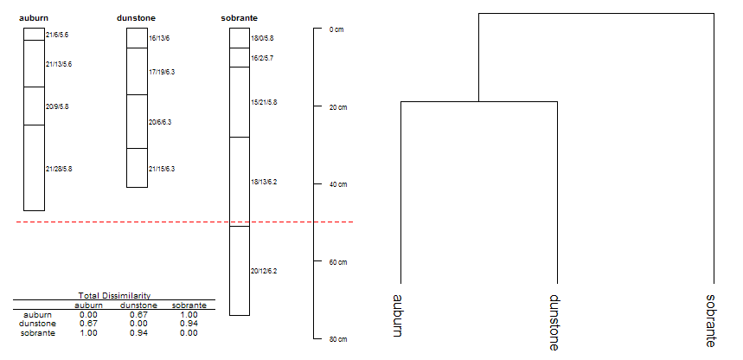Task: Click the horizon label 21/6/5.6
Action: pos(57,35)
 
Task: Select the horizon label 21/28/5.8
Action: pos(59,169)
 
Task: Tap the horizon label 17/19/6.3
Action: pos(162,72)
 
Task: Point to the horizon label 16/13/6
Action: pos(159,38)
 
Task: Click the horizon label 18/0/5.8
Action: pos(262,38)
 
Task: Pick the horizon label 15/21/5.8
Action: pos(264,102)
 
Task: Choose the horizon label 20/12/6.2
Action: pos(264,272)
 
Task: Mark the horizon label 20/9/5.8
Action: pos(57,106)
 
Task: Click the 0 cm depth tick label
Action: pos(336,29)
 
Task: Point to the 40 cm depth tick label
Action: pos(338,184)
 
